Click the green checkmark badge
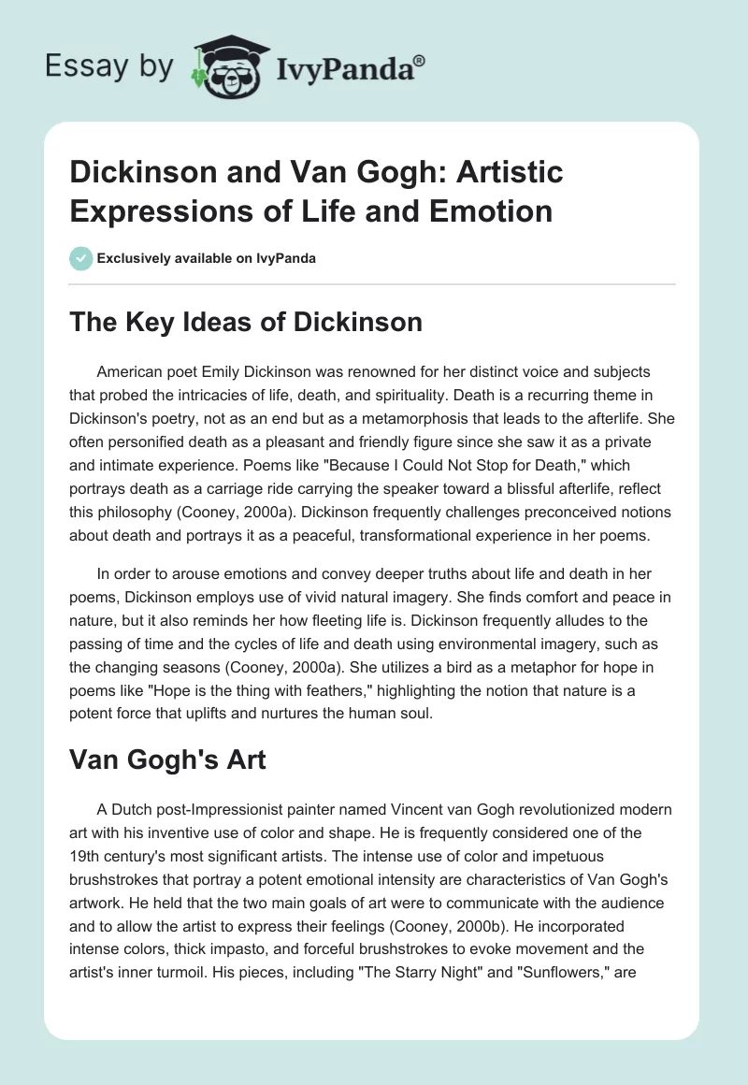(x=81, y=258)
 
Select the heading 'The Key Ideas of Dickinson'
(x=247, y=323)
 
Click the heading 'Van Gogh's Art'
(x=167, y=759)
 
